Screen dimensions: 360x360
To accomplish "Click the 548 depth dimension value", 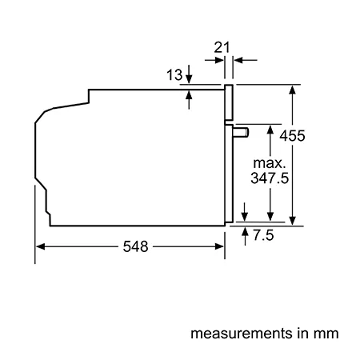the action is click(x=135, y=246).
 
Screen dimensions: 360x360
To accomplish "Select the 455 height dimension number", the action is click(x=292, y=136).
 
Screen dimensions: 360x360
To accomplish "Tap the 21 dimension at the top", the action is click(x=222, y=47).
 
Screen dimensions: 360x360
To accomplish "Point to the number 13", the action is click(x=174, y=74).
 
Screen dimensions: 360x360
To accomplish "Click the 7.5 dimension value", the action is click(x=263, y=235).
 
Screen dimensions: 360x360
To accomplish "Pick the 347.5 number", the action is click(x=270, y=178).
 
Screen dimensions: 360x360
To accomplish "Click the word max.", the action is click(x=270, y=163).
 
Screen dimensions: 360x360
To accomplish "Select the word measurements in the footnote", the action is click(x=242, y=334).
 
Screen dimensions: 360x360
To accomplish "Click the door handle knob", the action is click(x=241, y=133).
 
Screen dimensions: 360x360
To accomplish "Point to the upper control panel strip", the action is click(x=229, y=102).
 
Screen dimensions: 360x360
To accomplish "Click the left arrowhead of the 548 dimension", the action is click(x=40, y=246).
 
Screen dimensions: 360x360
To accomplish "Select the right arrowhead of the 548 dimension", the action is click(x=219, y=246).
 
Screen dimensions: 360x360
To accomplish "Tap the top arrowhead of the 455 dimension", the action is click(x=293, y=90).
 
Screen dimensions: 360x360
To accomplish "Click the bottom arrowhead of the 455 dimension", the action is click(x=293, y=221).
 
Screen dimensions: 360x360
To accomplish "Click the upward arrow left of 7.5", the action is click(x=245, y=236).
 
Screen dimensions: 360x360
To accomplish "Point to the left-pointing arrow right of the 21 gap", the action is click(x=246, y=60).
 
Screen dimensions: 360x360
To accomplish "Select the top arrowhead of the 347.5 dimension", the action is click(x=270, y=130).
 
